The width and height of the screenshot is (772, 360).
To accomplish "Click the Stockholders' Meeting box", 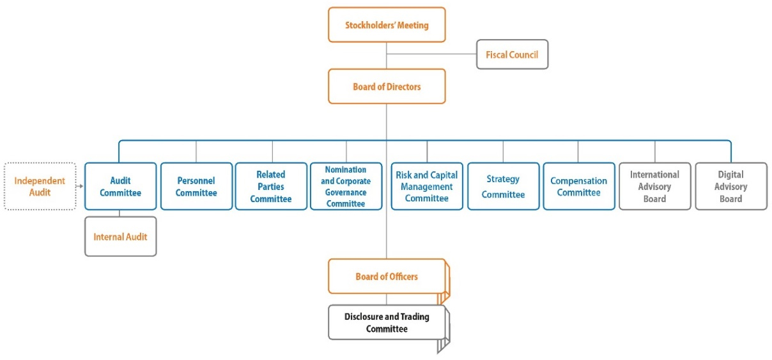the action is click(x=387, y=25).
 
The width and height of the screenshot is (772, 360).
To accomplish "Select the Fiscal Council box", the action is click(x=512, y=54).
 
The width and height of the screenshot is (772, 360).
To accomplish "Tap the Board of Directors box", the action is click(x=387, y=86).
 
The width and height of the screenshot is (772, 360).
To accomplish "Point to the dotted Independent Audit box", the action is click(x=40, y=186).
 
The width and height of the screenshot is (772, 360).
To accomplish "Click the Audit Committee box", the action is click(x=120, y=186).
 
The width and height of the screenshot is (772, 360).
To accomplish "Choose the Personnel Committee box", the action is click(x=196, y=186).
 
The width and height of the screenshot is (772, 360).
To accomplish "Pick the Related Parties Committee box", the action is click(x=271, y=186).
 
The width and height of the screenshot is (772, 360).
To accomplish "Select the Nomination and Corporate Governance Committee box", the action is click(x=346, y=186).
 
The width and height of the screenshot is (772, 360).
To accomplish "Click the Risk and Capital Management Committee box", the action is click(x=427, y=186).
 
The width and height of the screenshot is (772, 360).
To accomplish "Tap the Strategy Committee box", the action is click(x=503, y=186).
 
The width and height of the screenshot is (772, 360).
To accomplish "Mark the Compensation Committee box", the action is click(x=579, y=186).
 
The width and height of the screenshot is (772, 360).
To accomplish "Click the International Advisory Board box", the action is click(x=655, y=186).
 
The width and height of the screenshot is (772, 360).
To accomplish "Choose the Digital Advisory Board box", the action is click(x=731, y=186).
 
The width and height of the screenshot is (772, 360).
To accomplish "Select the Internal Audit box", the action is click(x=120, y=237).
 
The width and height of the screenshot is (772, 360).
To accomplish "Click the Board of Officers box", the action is click(x=387, y=276).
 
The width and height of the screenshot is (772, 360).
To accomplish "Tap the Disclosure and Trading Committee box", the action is click(x=387, y=322).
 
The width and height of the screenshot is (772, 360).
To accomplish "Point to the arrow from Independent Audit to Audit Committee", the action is click(x=80, y=186).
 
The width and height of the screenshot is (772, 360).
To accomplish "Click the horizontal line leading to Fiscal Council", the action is click(x=431, y=54).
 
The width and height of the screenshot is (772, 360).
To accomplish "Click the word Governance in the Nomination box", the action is click(x=346, y=192).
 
